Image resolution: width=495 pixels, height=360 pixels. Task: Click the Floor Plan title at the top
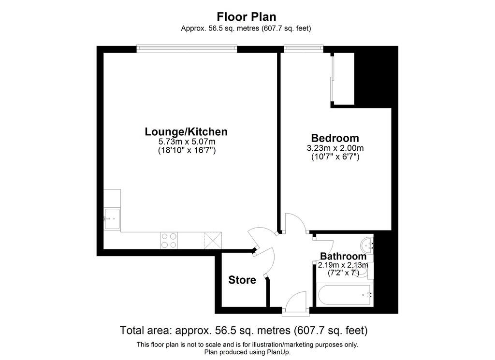tap(247, 17)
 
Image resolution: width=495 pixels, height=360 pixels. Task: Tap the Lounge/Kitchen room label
tap(186, 131)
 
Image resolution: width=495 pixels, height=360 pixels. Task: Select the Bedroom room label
tap(335, 138)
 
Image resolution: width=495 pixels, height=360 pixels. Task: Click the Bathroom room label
tap(343, 256)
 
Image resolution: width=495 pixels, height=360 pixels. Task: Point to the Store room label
tap(242, 280)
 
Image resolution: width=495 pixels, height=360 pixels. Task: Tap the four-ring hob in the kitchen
tap(169, 241)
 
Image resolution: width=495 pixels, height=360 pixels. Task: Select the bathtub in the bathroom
tap(344, 294)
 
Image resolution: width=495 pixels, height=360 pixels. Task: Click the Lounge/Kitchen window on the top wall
tap(187, 48)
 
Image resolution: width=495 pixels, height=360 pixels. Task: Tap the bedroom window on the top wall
tap(304, 48)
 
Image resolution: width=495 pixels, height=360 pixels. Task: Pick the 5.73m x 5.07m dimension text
tap(187, 142)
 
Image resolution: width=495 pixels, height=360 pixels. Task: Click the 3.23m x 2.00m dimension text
tap(335, 148)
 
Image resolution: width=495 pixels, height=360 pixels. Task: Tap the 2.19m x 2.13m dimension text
tap(343, 265)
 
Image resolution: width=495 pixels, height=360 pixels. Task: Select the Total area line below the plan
tap(244, 331)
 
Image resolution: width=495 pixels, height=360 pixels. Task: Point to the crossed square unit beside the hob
tap(213, 240)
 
